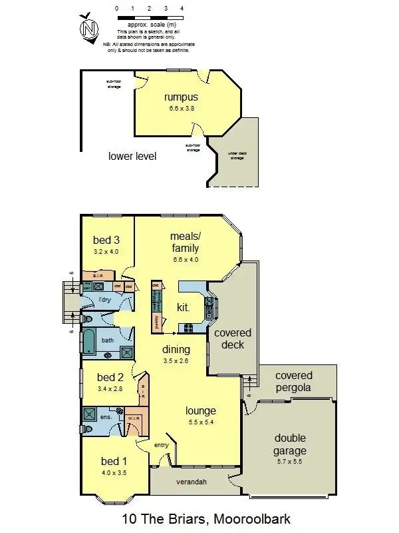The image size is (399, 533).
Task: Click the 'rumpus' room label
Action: point(182,97)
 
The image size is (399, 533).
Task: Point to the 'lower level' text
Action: point(132,157)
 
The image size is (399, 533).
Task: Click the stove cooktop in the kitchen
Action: point(188,328)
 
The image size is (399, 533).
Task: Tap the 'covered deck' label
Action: point(233,338)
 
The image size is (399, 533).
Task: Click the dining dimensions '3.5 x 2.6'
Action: point(176,360)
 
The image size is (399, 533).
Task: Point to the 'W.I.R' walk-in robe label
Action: point(132,419)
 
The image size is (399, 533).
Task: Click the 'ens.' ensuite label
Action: point(106,417)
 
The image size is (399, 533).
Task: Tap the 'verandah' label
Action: point(189,481)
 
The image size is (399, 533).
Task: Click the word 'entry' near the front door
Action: point(162,445)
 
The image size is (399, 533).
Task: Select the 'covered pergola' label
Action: point(293,382)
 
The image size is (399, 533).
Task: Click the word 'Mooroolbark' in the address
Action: point(249,518)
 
